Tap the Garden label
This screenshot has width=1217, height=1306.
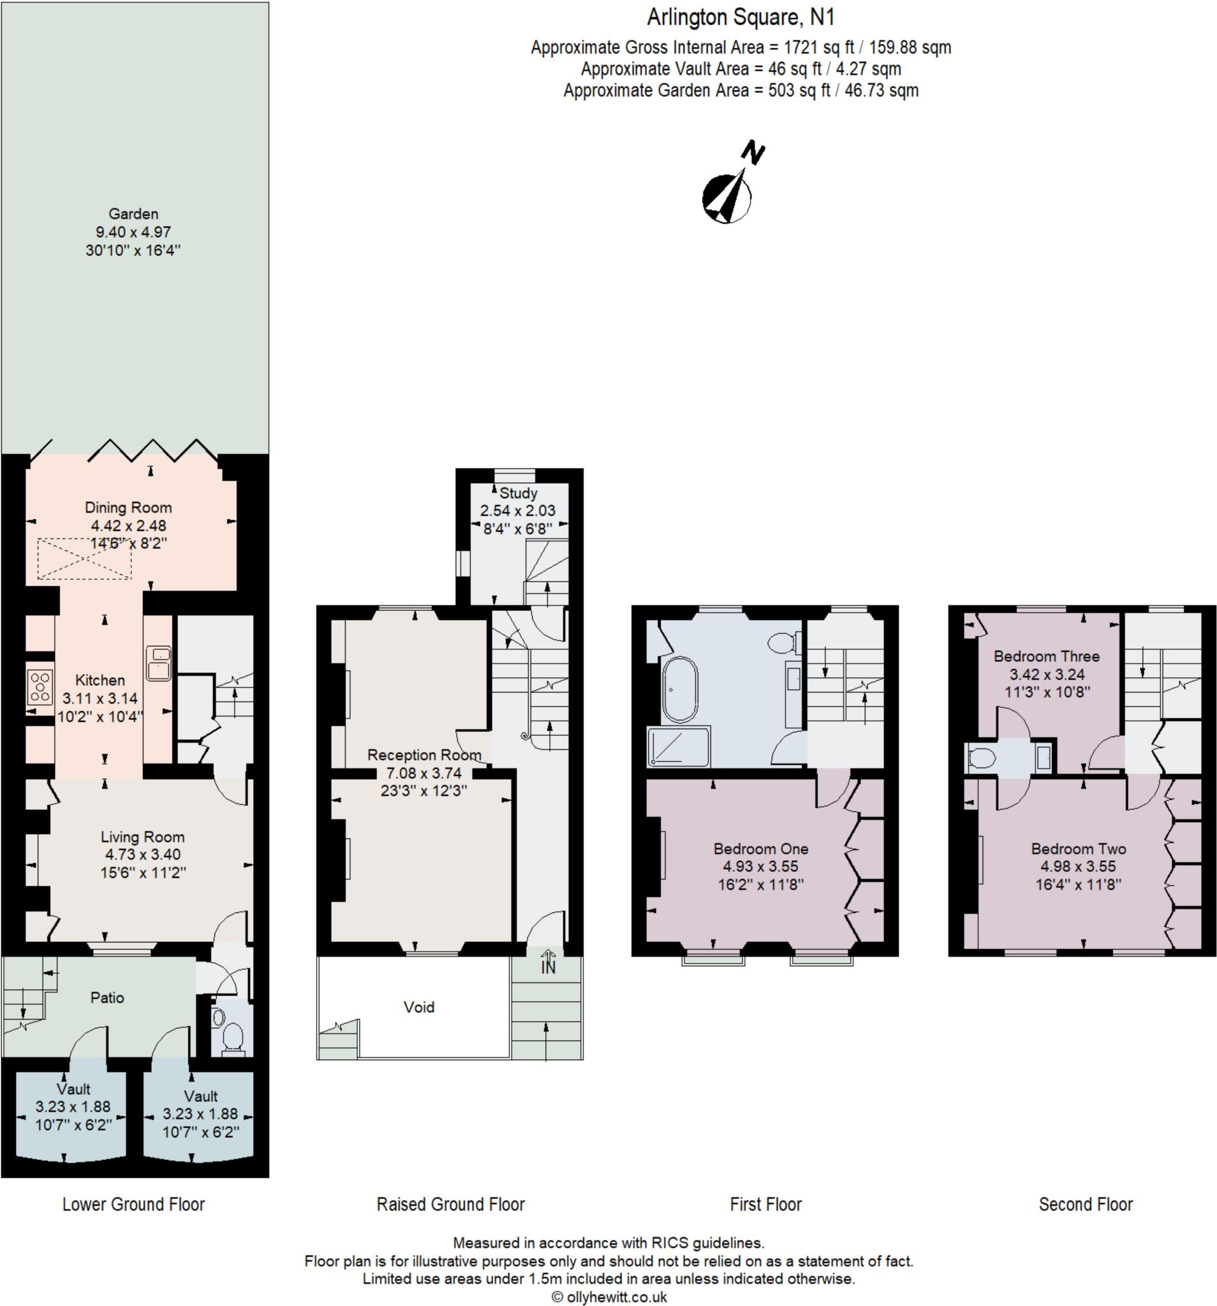tap(133, 214)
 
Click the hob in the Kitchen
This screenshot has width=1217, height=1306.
tap(40, 687)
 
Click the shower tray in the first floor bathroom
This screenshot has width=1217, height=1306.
tap(678, 746)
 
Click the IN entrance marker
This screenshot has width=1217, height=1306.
tap(547, 966)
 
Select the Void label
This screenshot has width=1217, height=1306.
tap(418, 1007)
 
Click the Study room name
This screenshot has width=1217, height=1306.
tap(518, 494)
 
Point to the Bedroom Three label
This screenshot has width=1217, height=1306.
tap(1046, 656)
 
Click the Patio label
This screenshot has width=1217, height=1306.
tap(107, 997)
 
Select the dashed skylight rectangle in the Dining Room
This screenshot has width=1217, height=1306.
tap(84, 559)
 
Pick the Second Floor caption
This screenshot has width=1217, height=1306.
tap(1086, 1204)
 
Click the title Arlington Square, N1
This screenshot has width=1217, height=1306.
tap(741, 18)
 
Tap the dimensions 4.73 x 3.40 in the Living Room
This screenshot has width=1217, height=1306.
tap(143, 855)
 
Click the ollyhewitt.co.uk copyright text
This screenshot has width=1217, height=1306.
tap(608, 1296)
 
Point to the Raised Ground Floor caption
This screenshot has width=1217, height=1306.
tap(450, 1204)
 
